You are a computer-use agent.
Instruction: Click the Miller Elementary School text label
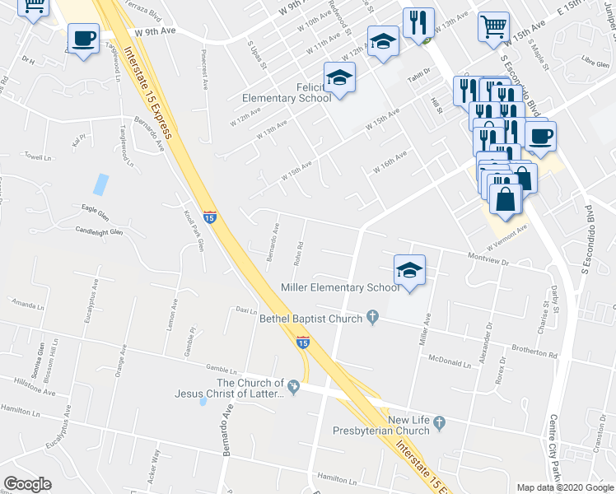[340, 288]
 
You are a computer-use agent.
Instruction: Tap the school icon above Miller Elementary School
[409, 269]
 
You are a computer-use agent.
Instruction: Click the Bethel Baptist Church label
[311, 319]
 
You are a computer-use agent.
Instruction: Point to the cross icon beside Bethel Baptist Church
[373, 316]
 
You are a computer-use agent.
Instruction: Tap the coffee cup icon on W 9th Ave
[83, 38]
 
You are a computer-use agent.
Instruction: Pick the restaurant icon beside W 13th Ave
[418, 23]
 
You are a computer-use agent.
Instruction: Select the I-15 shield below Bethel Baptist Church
[303, 342]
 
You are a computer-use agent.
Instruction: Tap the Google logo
[27, 484]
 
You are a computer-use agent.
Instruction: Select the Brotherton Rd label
[534, 352]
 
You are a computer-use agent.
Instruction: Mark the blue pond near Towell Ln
[100, 184]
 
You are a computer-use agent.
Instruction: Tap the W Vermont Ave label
[506, 240]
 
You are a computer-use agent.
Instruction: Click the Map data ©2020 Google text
[564, 487]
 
